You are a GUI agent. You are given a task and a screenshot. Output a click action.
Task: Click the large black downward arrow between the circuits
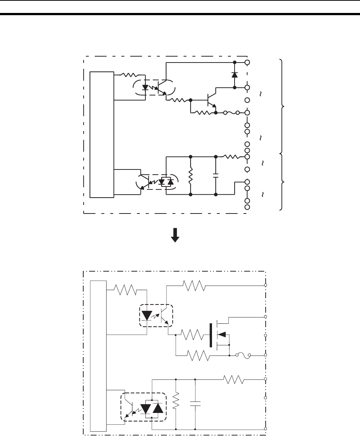174,235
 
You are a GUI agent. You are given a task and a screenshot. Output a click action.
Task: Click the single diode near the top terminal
234,74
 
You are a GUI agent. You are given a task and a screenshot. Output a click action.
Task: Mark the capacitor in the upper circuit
216,175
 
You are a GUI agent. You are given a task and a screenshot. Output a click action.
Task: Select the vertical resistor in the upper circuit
191,175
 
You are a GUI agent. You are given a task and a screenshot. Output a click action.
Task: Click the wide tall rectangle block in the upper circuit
102,135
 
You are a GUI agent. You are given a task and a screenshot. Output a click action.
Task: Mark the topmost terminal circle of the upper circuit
247,63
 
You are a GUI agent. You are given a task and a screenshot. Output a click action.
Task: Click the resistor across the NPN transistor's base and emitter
203,112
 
